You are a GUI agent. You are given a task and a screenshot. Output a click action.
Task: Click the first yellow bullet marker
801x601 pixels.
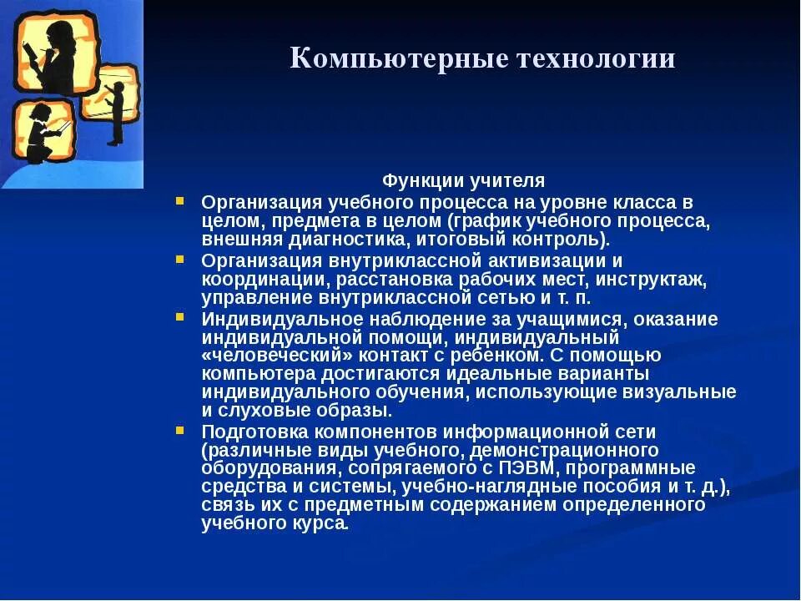[180, 201]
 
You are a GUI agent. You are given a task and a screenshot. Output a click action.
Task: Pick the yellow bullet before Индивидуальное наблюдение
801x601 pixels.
[180, 317]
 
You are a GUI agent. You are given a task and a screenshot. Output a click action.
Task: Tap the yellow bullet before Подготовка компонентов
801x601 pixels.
[180, 431]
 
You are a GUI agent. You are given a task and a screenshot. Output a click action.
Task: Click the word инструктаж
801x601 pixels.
[659, 278]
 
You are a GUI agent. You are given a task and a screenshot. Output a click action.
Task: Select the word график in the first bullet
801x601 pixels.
[485, 220]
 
